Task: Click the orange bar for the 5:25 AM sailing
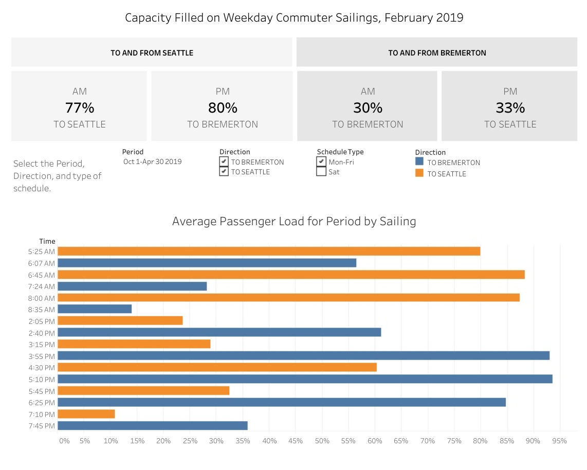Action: point(269,251)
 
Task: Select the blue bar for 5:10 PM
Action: point(305,379)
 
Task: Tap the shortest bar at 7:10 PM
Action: point(86,414)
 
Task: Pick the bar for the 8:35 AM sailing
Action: point(95,309)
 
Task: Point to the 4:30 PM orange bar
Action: point(217,367)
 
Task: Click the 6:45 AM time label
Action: point(41,275)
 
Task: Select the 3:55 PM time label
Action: point(41,356)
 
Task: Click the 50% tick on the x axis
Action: point(322,441)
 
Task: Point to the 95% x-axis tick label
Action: point(559,441)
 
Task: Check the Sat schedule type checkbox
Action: point(321,172)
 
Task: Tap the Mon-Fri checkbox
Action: point(321,161)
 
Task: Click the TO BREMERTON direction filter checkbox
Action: point(224,161)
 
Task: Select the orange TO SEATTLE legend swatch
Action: point(419,173)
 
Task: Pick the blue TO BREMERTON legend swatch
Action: point(419,162)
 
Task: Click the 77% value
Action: point(80,108)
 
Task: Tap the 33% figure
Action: point(510,108)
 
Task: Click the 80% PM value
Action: point(223,108)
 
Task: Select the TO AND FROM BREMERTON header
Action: point(437,52)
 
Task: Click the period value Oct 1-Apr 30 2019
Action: point(152,161)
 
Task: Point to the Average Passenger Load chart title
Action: point(293,222)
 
